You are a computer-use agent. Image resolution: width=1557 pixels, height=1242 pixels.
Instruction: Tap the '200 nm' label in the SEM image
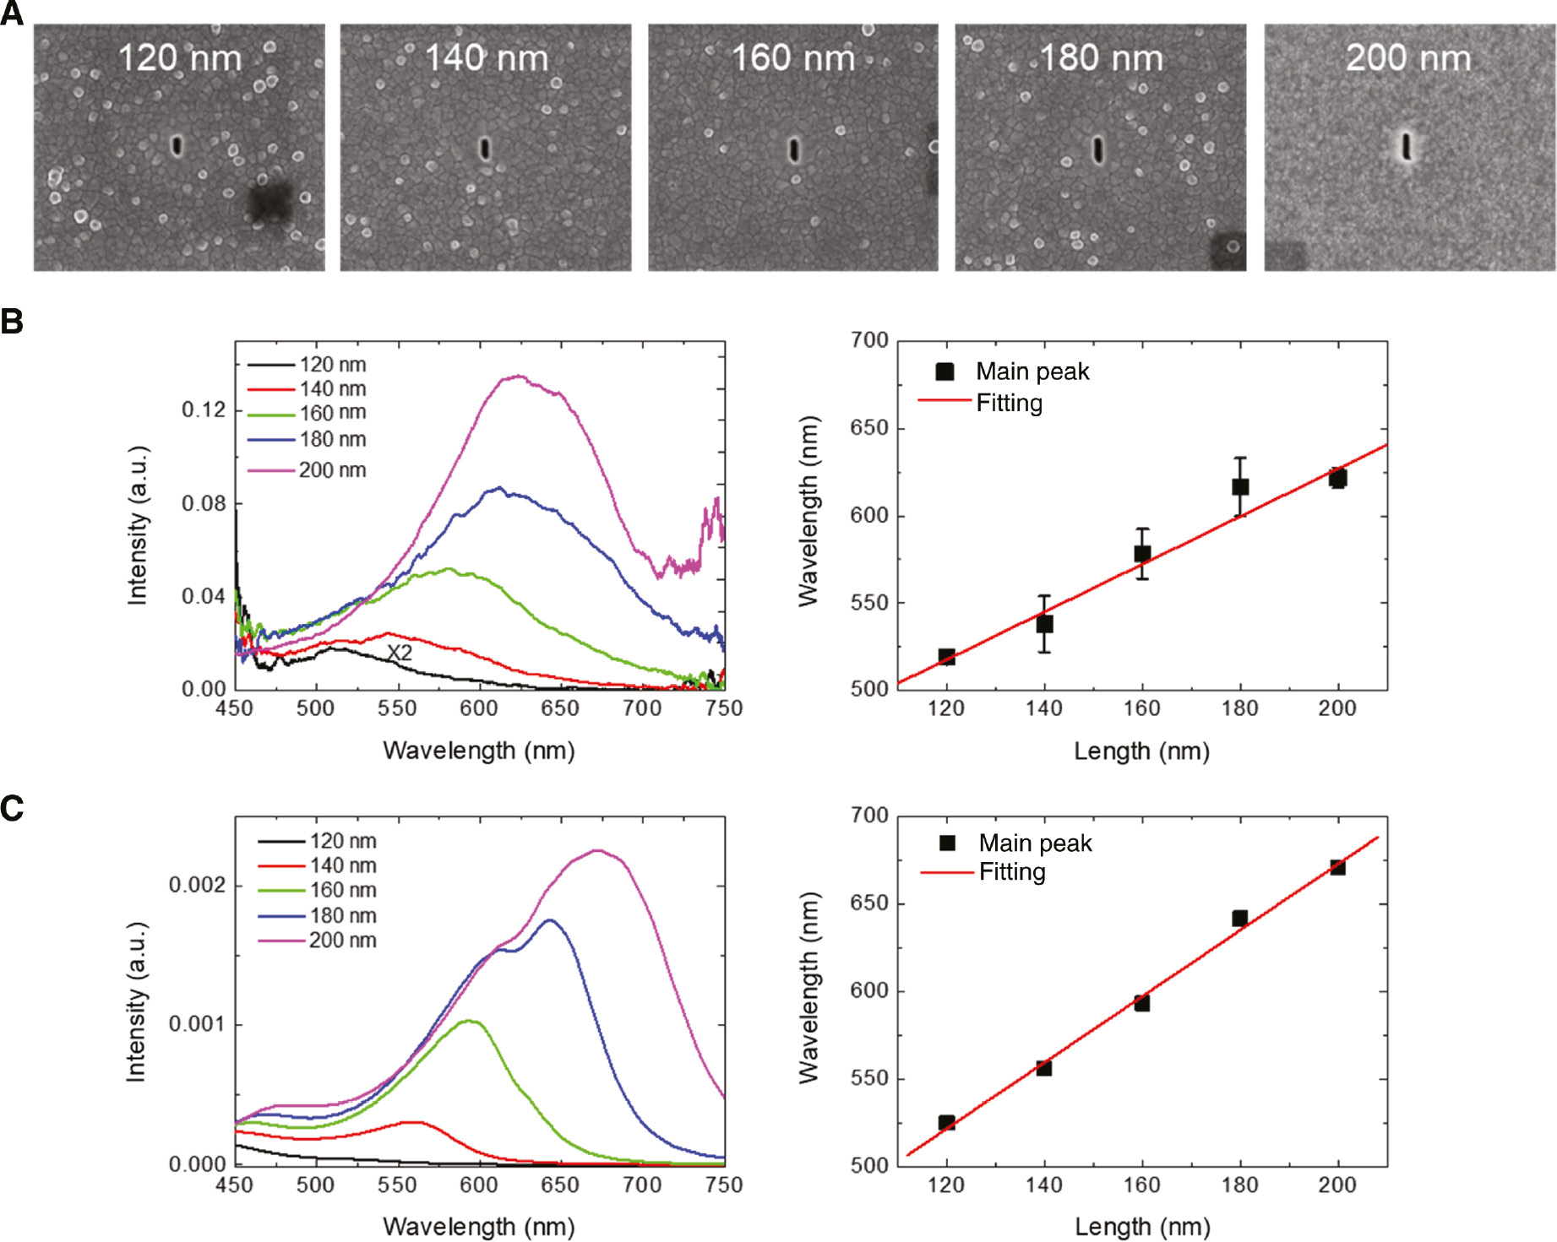tap(1408, 58)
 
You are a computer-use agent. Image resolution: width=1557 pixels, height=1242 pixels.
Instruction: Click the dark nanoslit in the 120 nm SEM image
tap(177, 146)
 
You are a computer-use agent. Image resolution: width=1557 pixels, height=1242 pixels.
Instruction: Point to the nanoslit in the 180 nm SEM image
tap(1097, 149)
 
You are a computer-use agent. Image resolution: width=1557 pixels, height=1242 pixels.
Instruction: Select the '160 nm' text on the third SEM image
tap(792, 58)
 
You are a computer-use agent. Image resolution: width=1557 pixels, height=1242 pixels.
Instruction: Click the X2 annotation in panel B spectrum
tap(400, 653)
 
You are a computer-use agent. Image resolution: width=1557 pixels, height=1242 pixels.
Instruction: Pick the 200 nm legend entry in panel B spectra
tap(332, 470)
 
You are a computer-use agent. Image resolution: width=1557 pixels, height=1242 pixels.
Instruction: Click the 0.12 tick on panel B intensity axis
tap(204, 410)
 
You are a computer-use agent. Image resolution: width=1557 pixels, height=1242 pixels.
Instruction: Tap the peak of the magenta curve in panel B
tap(518, 377)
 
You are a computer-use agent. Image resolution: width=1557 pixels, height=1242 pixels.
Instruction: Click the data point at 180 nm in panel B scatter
tap(1239, 486)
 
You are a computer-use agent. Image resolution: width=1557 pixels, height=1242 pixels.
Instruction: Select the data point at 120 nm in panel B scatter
tap(946, 657)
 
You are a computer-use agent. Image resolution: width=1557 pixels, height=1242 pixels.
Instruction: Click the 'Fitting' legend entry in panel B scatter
tap(1009, 403)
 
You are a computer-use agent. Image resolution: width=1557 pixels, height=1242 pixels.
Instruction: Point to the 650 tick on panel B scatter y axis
tap(869, 428)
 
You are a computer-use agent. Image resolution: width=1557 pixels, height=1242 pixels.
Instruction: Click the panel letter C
tap(12, 809)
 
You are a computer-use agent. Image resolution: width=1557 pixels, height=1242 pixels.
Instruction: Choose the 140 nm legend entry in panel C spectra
tap(342, 865)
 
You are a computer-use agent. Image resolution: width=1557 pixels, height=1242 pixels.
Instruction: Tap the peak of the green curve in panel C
tap(471, 1021)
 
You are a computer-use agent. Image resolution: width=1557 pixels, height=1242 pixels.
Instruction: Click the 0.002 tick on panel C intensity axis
tap(197, 885)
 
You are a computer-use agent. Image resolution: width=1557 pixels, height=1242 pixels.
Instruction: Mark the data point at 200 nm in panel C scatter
tap(1337, 867)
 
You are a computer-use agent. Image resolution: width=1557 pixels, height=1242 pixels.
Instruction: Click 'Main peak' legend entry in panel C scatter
tap(1035, 843)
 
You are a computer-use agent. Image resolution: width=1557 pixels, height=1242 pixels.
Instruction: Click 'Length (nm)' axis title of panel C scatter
tap(1141, 1226)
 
